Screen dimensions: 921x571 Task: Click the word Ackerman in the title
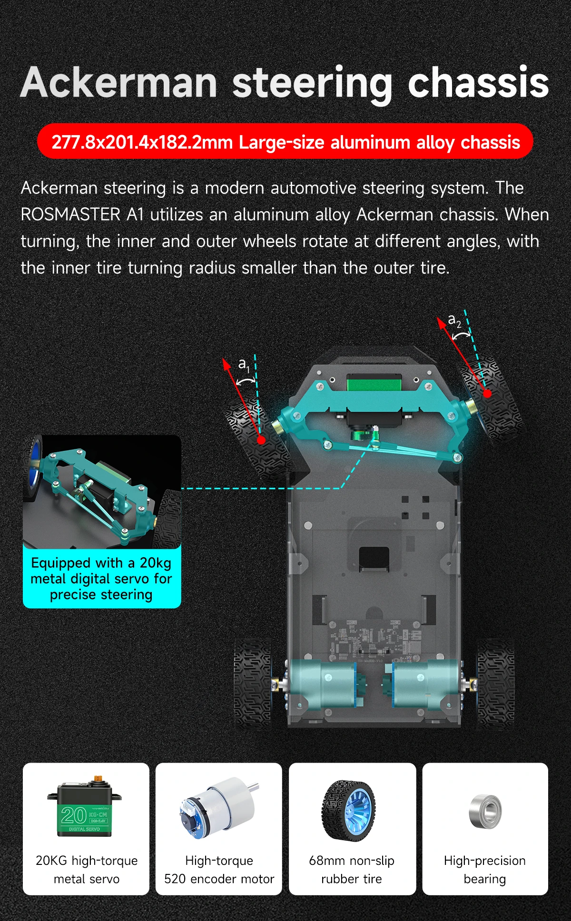(119, 83)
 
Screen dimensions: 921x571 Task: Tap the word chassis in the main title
(478, 83)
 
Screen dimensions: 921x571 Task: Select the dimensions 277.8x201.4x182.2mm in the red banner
(142, 142)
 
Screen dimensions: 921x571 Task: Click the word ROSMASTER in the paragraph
(70, 214)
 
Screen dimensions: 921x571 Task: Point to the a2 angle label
(454, 322)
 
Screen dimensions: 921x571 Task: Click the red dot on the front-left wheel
(261, 440)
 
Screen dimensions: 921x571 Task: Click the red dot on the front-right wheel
(487, 393)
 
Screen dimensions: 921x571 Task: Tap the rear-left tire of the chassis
(252, 683)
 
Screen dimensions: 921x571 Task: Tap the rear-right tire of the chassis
(495, 683)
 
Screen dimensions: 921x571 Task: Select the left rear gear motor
(324, 684)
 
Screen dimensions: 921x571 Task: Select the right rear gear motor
(423, 684)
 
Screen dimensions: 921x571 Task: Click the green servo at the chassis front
(374, 383)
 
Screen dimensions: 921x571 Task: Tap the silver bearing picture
(485, 811)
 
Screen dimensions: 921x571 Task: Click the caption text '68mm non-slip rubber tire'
(352, 870)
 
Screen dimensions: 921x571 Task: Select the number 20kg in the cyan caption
(155, 563)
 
